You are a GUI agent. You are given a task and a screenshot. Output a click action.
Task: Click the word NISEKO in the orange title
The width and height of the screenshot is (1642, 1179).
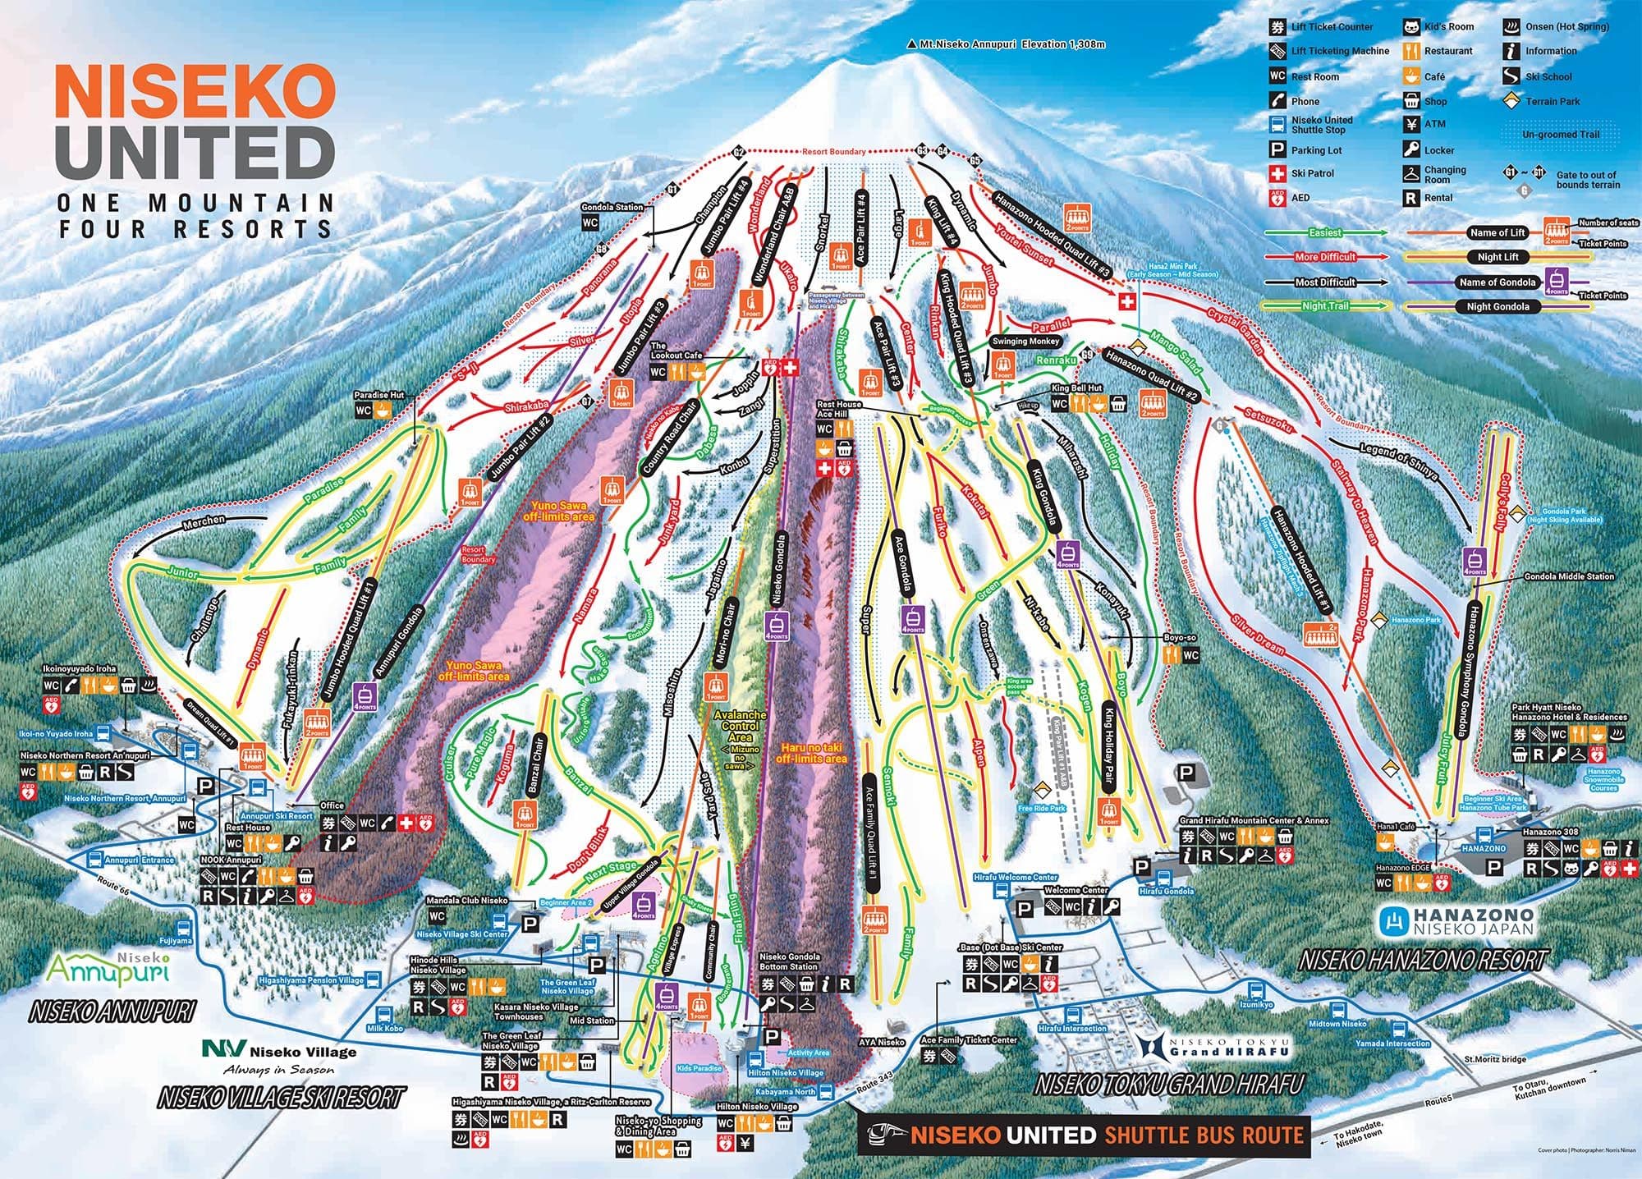click(195, 93)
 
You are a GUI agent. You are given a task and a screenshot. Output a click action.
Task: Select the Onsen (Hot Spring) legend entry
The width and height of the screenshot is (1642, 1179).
click(1566, 26)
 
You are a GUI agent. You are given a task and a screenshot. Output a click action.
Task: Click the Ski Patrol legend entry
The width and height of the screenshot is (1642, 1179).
click(1312, 173)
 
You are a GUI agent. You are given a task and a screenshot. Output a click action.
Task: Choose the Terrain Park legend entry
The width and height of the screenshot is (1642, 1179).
click(1553, 101)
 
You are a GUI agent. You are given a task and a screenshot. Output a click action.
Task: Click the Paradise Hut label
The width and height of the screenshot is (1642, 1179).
click(378, 395)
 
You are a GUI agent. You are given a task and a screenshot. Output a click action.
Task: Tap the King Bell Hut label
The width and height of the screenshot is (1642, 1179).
click(1076, 388)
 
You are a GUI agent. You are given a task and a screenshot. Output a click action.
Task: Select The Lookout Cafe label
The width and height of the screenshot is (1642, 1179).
click(677, 351)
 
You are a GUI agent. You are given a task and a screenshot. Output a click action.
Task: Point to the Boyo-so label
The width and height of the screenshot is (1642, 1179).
click(1180, 638)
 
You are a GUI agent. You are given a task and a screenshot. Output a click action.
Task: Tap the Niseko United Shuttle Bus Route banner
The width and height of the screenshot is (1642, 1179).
click(1084, 1135)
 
